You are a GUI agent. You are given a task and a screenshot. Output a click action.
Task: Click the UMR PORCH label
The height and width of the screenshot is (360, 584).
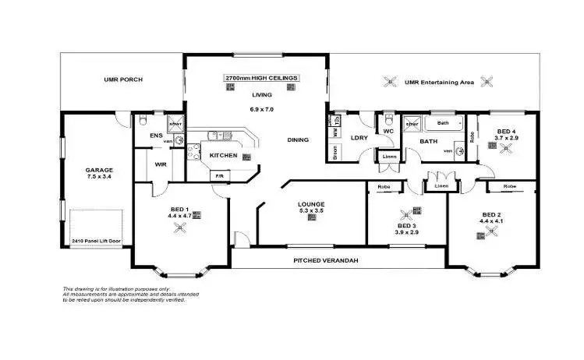click(x=122, y=80)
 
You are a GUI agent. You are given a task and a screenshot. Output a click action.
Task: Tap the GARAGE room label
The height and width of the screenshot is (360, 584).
click(x=99, y=169)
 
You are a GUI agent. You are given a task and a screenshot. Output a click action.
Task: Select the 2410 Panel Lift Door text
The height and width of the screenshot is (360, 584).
click(x=98, y=242)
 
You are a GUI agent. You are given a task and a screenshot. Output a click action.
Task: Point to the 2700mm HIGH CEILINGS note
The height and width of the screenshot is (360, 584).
click(x=261, y=79)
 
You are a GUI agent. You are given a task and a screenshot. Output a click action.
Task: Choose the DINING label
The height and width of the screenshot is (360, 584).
click(x=297, y=140)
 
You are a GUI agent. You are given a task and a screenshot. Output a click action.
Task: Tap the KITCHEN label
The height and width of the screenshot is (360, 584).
click(x=224, y=156)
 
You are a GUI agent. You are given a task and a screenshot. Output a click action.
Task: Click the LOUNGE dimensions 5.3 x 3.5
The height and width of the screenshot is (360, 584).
click(x=310, y=211)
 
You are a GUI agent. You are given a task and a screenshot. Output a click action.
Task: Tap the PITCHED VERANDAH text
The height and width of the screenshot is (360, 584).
click(x=324, y=260)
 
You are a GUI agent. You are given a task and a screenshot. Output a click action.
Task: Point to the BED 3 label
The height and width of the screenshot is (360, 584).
click(x=407, y=224)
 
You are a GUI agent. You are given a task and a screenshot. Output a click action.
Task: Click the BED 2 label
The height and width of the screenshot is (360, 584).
click(x=490, y=214)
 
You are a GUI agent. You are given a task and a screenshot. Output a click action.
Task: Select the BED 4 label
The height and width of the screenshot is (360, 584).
click(x=507, y=130)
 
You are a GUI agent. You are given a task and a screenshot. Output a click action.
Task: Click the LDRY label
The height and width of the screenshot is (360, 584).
click(x=359, y=138)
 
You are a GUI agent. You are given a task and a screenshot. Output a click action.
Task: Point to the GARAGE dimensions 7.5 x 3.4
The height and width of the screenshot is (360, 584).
click(x=99, y=177)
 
